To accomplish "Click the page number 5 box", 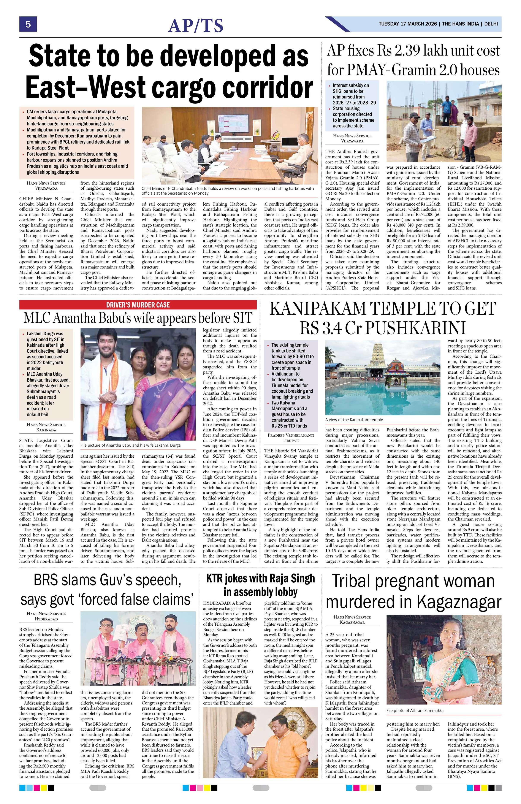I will [28, 24].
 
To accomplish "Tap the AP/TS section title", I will [196, 26].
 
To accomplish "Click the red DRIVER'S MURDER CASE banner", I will [138, 305].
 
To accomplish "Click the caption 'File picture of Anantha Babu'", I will [130, 445].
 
